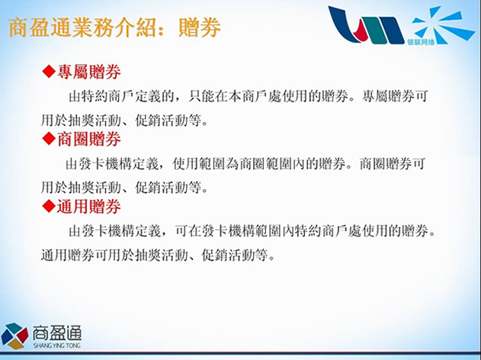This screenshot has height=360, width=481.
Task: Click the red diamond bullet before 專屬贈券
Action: coord(49,72)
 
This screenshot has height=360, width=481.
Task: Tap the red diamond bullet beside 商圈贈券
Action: coord(49,139)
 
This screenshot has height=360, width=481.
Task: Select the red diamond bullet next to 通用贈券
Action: coord(49,206)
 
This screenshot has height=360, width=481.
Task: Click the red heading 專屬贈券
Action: coord(89,72)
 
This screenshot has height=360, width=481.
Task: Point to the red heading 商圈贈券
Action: coord(89,139)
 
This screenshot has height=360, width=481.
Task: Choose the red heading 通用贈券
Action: coord(89,206)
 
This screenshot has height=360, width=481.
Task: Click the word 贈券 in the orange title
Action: coord(200,27)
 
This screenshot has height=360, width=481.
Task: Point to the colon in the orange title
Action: coord(165,28)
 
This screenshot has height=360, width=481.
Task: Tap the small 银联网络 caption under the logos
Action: coord(421,42)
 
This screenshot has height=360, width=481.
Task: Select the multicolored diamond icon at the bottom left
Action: coord(14,336)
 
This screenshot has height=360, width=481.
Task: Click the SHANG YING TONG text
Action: coord(57,346)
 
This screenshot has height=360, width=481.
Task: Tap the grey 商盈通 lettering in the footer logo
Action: coord(57,333)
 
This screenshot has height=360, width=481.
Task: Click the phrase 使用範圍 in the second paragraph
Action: coord(199,163)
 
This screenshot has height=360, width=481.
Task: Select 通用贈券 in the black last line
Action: coord(68,255)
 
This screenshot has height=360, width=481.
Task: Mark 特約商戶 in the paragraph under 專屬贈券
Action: coord(108,96)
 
